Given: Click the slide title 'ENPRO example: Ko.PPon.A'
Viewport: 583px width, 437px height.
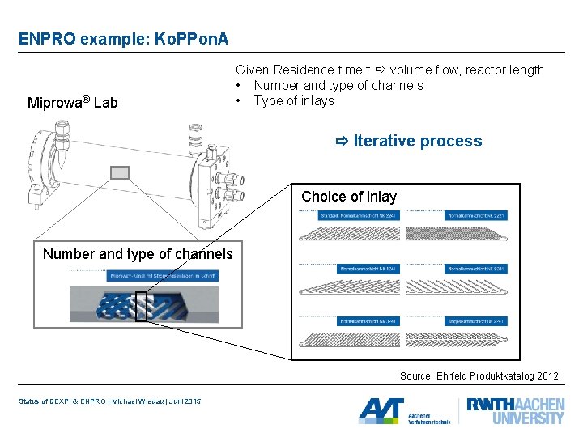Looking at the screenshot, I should pos(123,38).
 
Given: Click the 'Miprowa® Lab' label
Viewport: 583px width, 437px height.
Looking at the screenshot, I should pos(72,103).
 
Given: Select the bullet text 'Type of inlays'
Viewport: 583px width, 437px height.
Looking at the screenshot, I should pos(293,100).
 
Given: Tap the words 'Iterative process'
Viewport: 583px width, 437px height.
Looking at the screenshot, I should pos(417,141).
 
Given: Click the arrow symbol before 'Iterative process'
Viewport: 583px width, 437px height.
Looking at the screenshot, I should pos(341,142).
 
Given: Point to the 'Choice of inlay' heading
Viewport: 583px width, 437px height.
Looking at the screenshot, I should pos(349,197).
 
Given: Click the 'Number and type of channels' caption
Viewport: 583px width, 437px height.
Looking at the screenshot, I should pos(138,254).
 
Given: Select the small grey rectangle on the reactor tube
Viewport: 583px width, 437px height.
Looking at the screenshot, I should pos(120,172).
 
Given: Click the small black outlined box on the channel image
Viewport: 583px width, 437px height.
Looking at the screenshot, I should pos(141,306).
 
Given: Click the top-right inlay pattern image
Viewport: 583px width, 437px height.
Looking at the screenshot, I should pos(457,234).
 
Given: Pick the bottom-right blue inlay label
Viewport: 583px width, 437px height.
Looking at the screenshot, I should pos(476,321).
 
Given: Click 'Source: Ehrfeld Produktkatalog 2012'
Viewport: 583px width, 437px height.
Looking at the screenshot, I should pos(479,376).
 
